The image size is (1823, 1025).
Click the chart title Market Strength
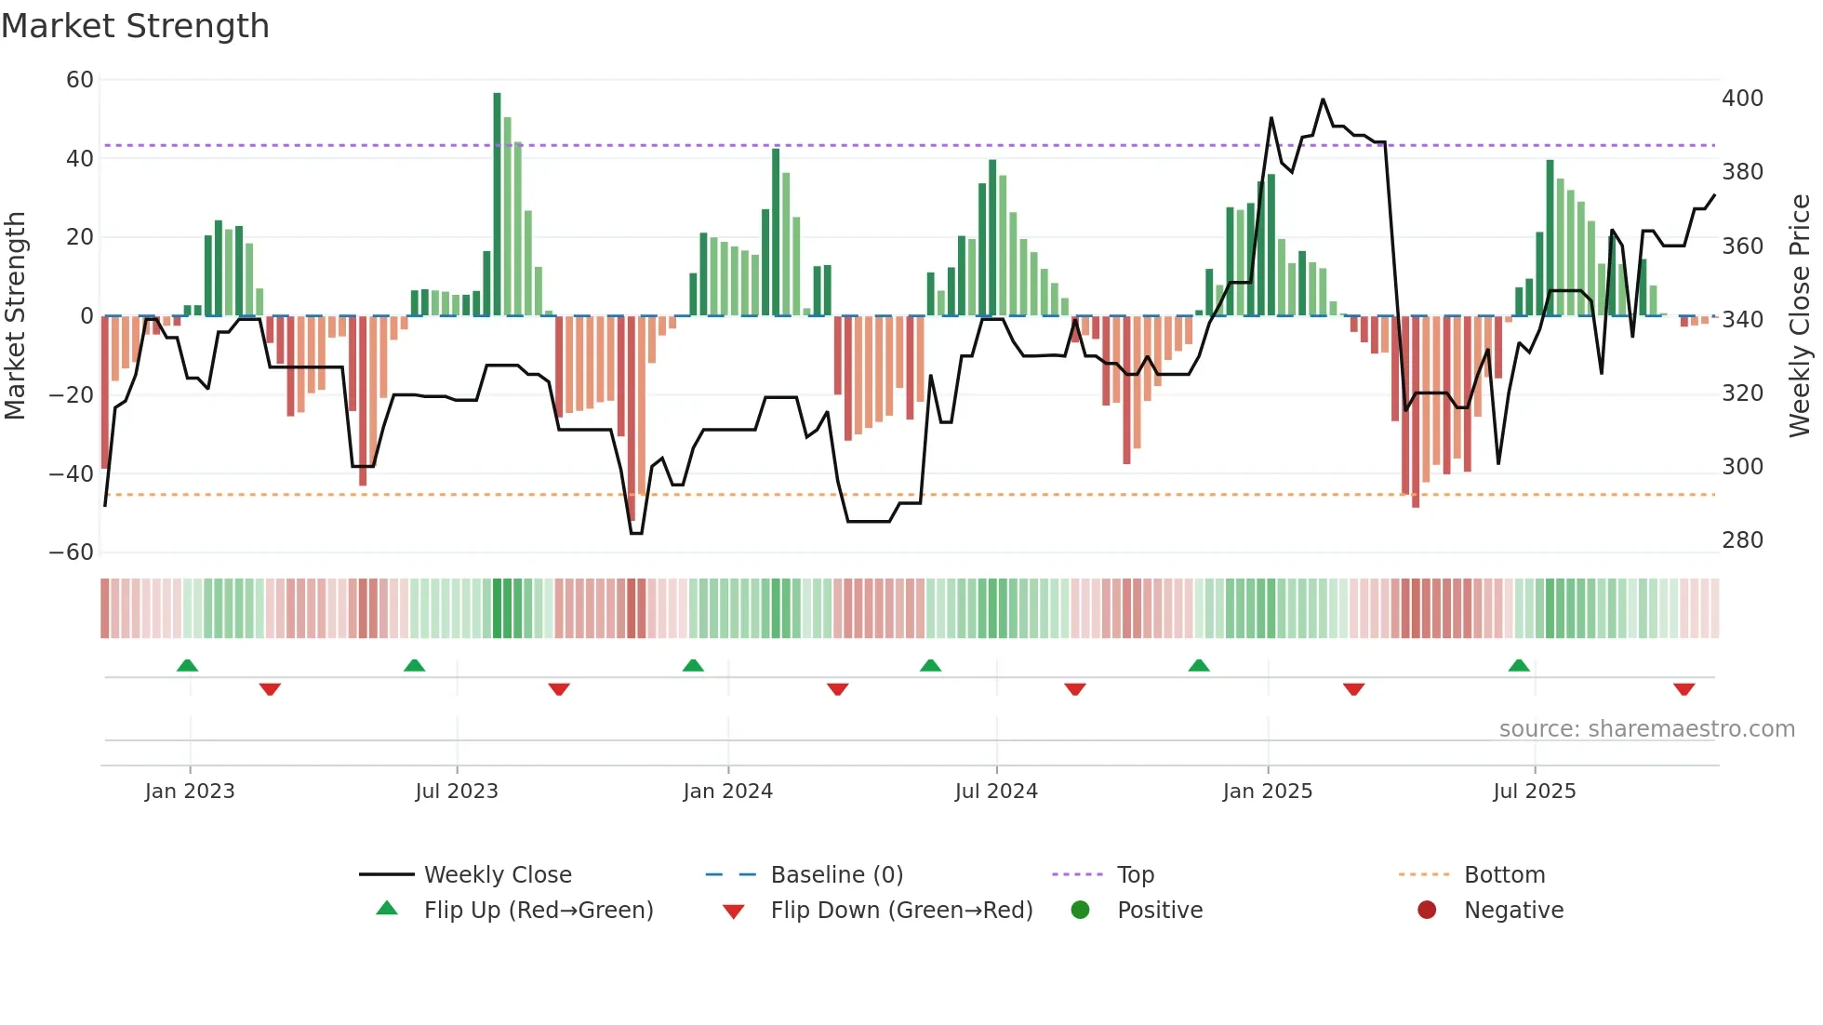(x=135, y=26)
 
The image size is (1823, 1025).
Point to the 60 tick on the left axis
(x=80, y=80)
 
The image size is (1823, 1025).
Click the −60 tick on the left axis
(x=72, y=552)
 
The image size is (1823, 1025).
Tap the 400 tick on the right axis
(x=1742, y=99)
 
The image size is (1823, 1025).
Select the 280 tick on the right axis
(x=1742, y=540)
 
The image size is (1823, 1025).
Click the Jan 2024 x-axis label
(x=727, y=792)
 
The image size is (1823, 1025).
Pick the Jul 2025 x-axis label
(x=1534, y=792)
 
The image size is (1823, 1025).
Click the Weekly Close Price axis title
(x=1800, y=316)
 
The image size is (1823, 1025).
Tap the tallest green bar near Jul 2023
(x=497, y=205)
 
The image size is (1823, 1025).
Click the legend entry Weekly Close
(x=498, y=875)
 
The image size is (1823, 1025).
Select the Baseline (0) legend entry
(x=836, y=875)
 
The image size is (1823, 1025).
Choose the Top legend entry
(x=1135, y=875)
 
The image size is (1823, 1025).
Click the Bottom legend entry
(x=1504, y=875)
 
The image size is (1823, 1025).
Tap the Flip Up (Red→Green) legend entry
(x=538, y=911)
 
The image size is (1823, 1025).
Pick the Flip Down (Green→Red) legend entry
(x=901, y=911)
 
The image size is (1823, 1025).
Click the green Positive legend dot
(x=1080, y=911)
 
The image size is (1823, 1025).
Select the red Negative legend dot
(x=1427, y=911)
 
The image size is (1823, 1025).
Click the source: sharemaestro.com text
(x=1646, y=729)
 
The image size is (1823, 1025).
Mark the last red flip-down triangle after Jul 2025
(x=1683, y=689)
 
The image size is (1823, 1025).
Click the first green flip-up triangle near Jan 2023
(x=187, y=665)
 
